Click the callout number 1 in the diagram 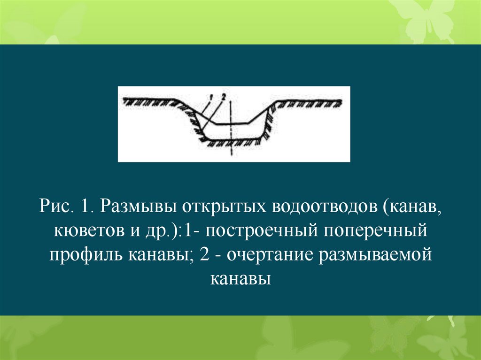click(x=213, y=96)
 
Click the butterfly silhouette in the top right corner click(x=423, y=19)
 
